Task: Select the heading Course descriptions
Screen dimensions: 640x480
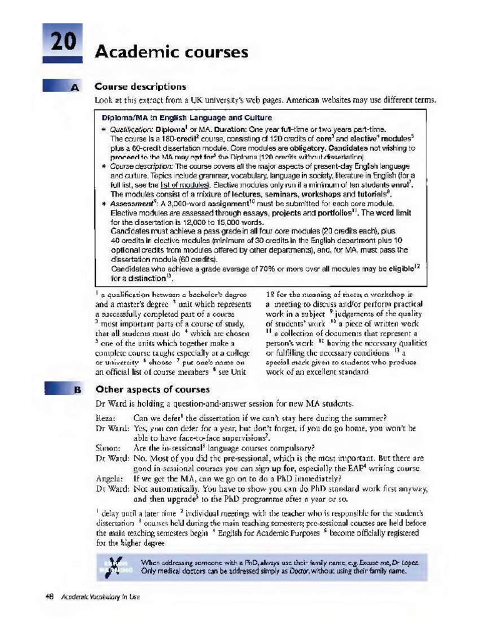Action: click(x=140, y=87)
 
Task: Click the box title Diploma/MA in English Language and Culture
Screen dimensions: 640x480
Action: click(x=187, y=117)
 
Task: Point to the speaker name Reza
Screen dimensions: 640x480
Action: click(x=106, y=418)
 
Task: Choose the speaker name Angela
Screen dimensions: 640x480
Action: click(x=109, y=477)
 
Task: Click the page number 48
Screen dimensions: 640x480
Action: click(x=51, y=597)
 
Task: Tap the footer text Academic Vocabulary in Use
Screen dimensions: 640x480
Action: click(x=101, y=597)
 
